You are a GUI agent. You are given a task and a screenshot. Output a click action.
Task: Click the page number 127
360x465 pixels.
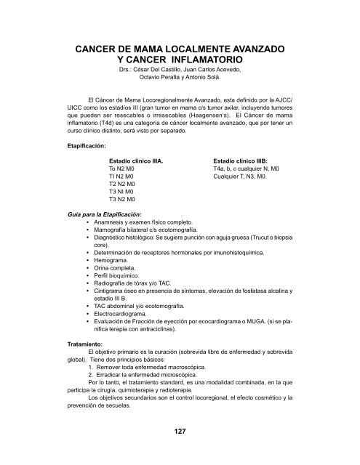180,432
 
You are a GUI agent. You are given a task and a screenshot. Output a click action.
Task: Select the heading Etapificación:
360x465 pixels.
87,145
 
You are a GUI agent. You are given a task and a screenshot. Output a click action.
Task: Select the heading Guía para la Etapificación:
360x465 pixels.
105,214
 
